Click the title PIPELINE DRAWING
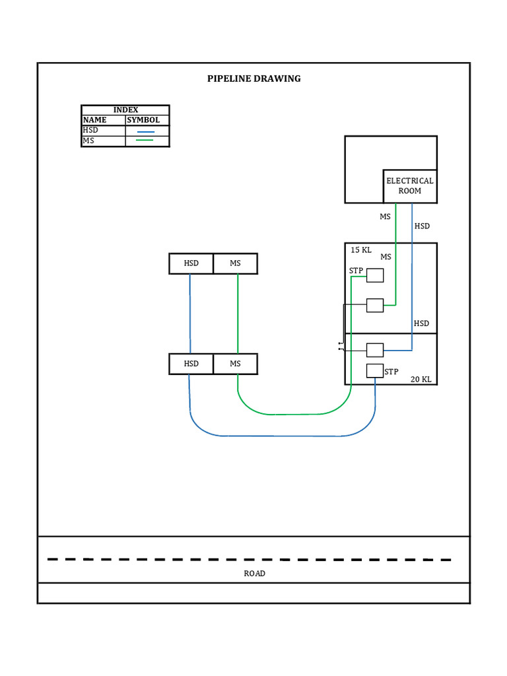tap(253, 79)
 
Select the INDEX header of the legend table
tap(125, 110)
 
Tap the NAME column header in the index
tap(94, 120)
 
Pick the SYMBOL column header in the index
tap(143, 120)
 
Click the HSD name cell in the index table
tap(90, 131)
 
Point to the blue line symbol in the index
tap(145, 132)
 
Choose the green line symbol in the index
tap(145, 141)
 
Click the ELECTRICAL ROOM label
tap(410, 186)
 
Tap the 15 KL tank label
tap(360, 250)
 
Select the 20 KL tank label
tap(421, 380)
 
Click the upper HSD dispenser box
tap(191, 263)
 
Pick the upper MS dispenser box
tap(236, 263)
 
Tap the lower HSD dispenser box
tap(191, 364)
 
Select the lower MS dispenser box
tap(236, 364)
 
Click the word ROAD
tap(254, 574)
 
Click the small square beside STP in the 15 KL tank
tap(375, 275)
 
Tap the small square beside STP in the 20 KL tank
tap(375, 370)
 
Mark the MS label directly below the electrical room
tap(385, 217)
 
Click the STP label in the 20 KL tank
tap(391, 372)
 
